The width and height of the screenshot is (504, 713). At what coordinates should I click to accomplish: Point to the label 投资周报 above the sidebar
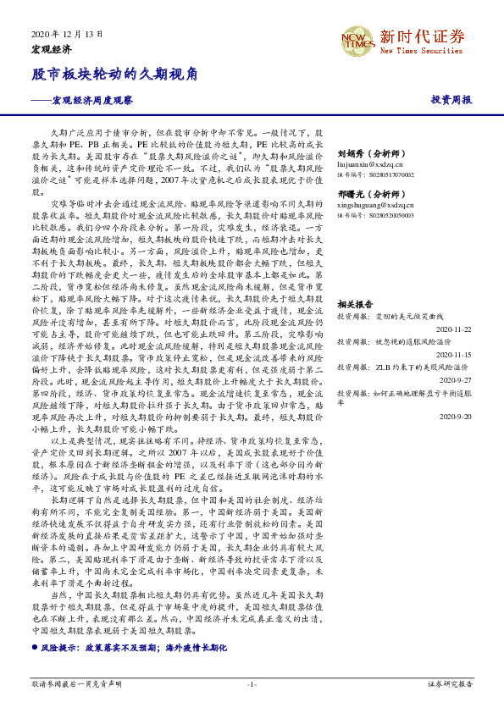[451, 100]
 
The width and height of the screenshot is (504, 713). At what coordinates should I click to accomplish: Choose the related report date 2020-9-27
[454, 380]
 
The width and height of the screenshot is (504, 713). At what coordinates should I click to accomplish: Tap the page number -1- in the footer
[252, 683]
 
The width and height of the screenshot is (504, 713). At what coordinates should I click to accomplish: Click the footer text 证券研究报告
[451, 683]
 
